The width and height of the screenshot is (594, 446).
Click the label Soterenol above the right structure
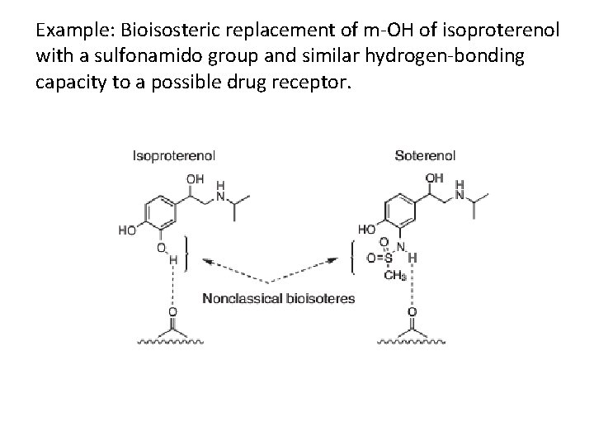click(x=425, y=155)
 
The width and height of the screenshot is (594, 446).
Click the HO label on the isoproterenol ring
click(x=127, y=231)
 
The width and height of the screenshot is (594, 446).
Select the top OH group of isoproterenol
click(x=196, y=178)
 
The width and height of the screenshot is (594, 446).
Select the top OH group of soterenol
click(x=434, y=178)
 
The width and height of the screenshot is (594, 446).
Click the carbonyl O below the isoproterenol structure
click(x=172, y=312)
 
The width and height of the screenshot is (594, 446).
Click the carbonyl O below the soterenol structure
click(x=412, y=312)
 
